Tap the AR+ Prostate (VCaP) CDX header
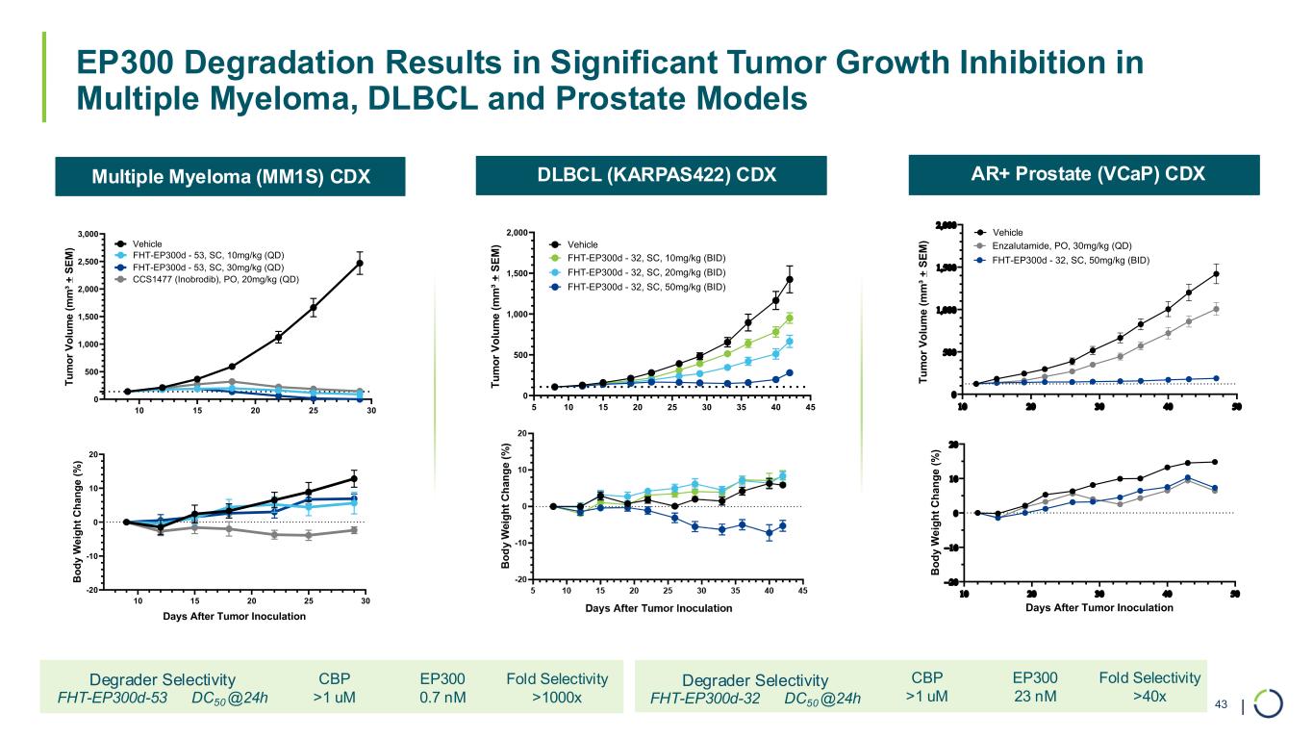[1081, 174]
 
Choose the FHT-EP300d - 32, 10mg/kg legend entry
[644, 258]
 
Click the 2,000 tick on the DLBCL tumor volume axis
[517, 233]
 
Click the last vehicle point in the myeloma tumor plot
[360, 263]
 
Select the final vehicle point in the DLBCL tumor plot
[790, 280]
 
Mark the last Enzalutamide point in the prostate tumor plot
[1216, 309]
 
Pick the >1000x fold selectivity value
[557, 698]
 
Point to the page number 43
[1222, 705]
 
